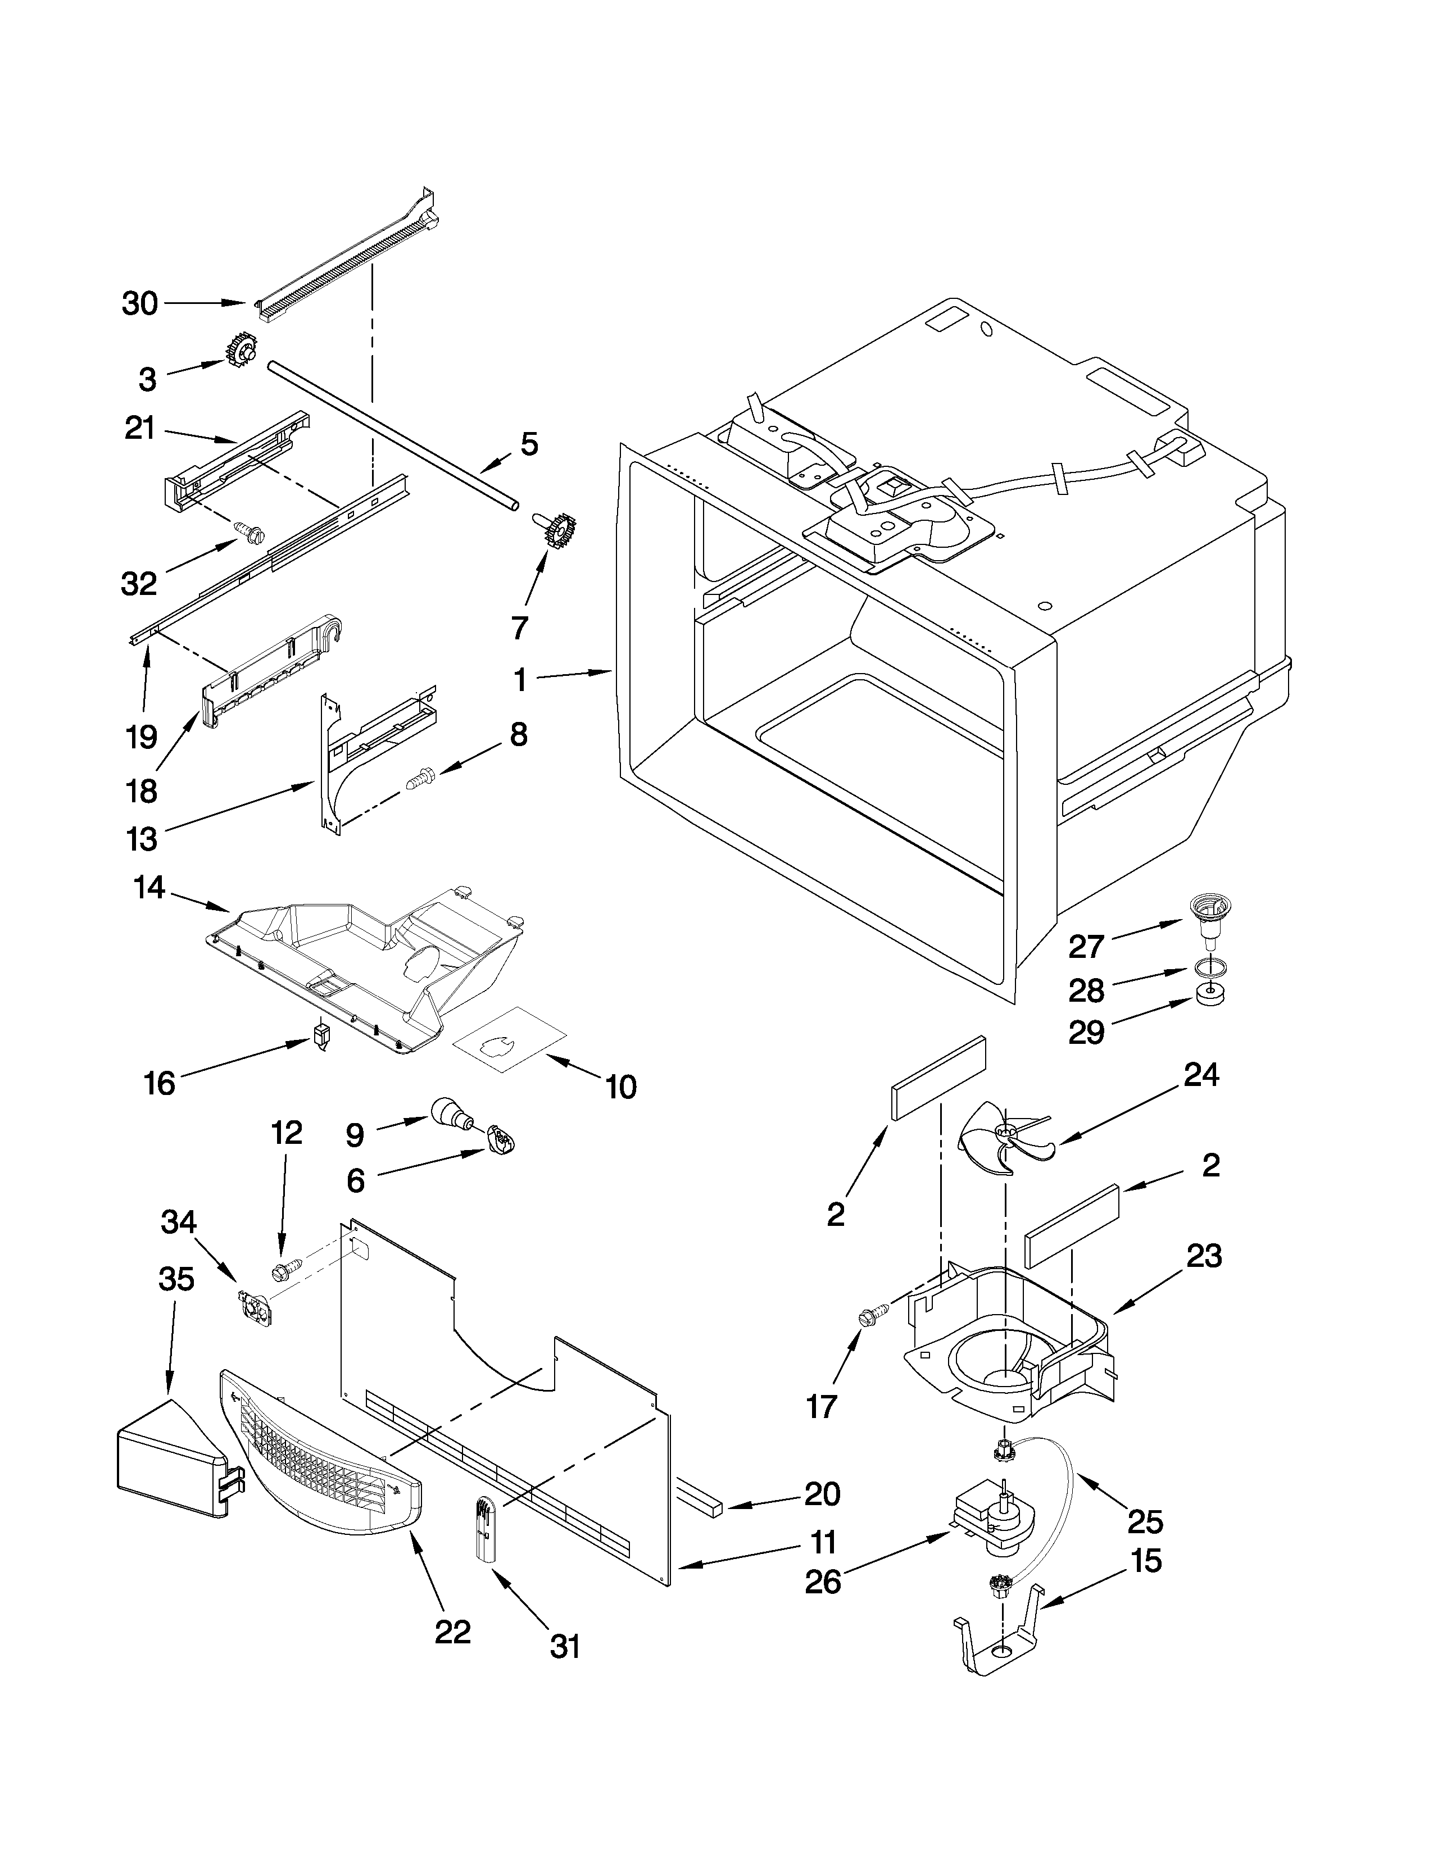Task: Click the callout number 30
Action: pos(140,303)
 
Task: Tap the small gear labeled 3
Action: pos(241,351)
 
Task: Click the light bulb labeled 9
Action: pos(451,1113)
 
